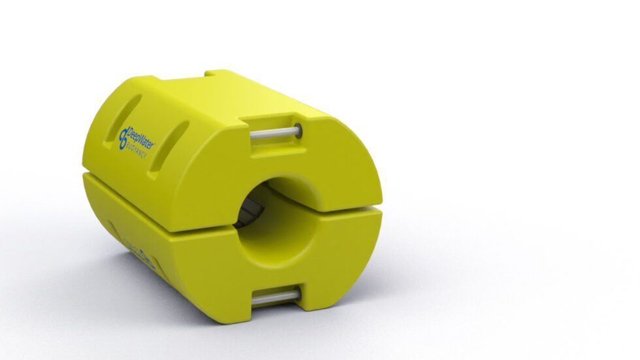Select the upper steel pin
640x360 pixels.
tap(275, 132)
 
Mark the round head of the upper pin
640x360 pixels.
tap(298, 129)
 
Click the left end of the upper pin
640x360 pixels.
tap(253, 135)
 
